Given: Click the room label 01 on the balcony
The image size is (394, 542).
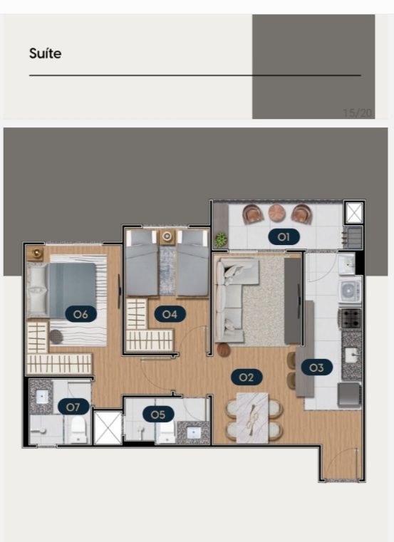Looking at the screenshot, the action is [x=284, y=236].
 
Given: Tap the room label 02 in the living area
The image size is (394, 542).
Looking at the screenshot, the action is [x=247, y=377].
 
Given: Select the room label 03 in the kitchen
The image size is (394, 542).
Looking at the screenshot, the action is [x=317, y=368].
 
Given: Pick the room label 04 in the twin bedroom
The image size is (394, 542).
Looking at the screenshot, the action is [x=170, y=314].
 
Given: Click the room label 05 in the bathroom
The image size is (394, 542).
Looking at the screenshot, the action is [x=158, y=415].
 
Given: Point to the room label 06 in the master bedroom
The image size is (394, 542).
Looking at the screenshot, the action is [x=81, y=314].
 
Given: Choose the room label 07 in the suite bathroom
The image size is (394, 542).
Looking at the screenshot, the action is [x=73, y=407].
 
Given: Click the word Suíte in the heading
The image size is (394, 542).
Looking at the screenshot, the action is [x=46, y=53].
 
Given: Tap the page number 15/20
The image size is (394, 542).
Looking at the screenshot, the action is [x=358, y=113].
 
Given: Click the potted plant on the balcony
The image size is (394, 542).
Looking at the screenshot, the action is [x=220, y=239].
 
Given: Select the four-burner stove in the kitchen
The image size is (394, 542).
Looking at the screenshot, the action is [x=351, y=318].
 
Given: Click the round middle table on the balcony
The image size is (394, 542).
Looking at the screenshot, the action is [x=276, y=212].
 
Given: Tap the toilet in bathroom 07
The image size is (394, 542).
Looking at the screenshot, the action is [x=78, y=429].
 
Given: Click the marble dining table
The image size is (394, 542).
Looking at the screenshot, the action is [x=252, y=418].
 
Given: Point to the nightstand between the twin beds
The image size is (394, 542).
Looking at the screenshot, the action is [x=167, y=236].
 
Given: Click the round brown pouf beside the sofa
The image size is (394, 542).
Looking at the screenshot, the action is [x=224, y=350].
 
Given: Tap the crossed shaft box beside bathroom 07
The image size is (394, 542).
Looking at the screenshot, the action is [x=108, y=427].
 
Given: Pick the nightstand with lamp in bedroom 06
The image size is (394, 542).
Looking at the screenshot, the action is [x=36, y=254].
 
